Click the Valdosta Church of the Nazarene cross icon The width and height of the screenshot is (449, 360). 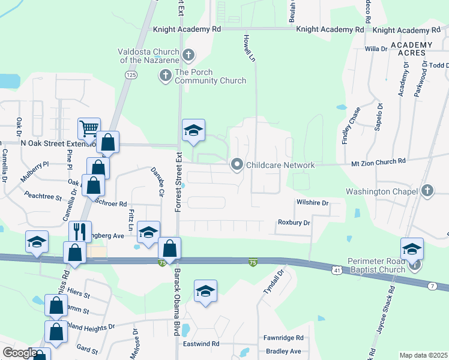[188, 56]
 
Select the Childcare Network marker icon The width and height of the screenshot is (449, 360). [237, 164]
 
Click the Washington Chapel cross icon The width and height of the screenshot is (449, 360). [427, 191]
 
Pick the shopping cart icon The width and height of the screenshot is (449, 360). [89, 128]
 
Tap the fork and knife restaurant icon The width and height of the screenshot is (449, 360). [80, 231]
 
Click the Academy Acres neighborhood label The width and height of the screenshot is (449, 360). [411, 50]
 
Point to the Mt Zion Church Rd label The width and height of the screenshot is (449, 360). [378, 161]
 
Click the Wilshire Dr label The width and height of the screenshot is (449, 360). [312, 203]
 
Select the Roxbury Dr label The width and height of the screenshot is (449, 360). [294, 223]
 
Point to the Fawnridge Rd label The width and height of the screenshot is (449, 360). [284, 338]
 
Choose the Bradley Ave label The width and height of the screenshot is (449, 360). [283, 351]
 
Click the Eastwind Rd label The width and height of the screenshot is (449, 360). [201, 344]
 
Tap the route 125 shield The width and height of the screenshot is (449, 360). [131, 74]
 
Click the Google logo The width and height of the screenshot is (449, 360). [20, 353]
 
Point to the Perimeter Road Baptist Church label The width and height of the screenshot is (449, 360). [376, 266]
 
